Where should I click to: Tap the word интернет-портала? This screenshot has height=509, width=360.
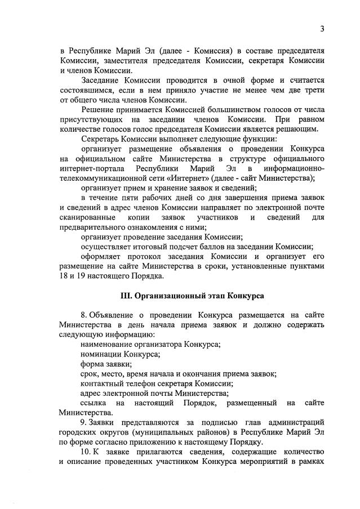pyautogui.click(x=92, y=168)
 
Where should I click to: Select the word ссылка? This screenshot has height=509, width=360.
pyautogui.click(x=94, y=403)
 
